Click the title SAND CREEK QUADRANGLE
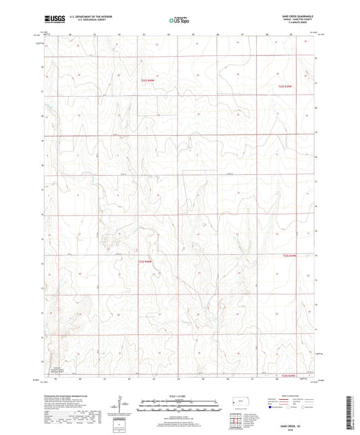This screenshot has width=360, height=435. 292,14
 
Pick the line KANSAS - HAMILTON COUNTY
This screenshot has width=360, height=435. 292,18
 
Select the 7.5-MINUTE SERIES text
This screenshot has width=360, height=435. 292,22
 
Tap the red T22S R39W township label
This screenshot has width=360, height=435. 289,86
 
